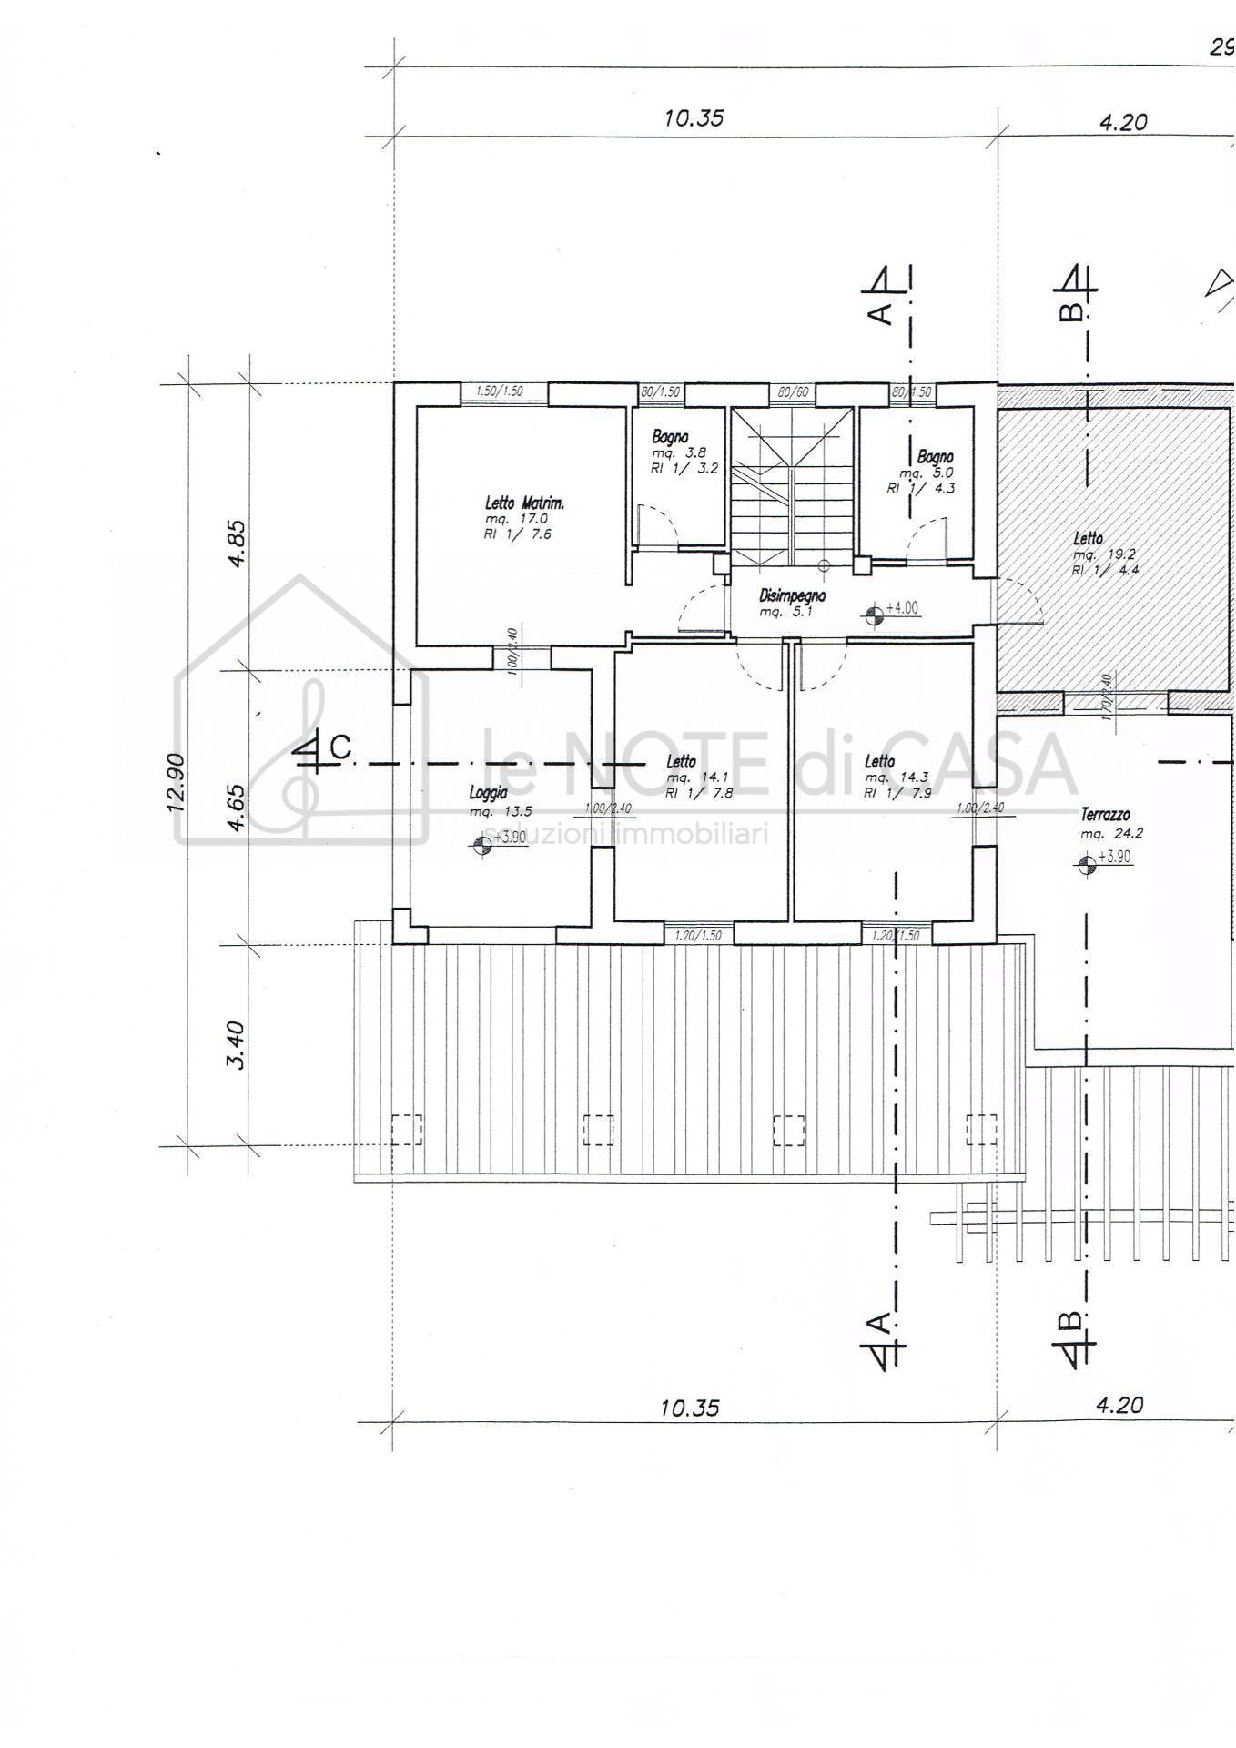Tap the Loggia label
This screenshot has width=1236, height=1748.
[488, 794]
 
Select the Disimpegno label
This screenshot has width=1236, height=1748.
[792, 596]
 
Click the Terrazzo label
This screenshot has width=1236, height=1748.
[1106, 816]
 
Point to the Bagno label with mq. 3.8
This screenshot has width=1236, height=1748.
[670, 438]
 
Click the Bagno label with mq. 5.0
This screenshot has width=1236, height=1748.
[936, 456]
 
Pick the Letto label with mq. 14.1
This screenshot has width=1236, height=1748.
[681, 762]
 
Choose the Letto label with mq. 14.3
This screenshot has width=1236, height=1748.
[879, 762]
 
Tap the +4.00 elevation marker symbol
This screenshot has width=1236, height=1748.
[874, 616]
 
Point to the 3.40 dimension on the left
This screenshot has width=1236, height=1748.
[234, 1045]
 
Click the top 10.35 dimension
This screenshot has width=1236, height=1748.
[694, 118]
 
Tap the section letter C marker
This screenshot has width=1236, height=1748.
[339, 748]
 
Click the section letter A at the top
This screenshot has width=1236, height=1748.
[880, 313]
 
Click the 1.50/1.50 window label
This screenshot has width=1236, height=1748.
[500, 391]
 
